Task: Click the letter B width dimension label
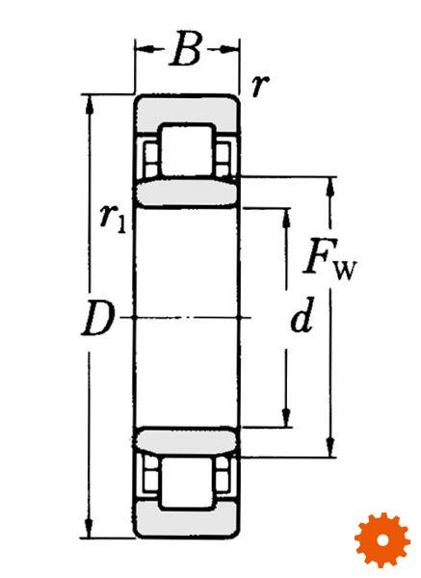pyautogui.click(x=187, y=49)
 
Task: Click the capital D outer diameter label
pyautogui.click(x=97, y=318)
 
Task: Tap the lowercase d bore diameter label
pyautogui.click(x=303, y=315)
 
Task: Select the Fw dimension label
pyautogui.click(x=329, y=258)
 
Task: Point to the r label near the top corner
pyautogui.click(x=260, y=86)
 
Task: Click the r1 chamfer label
pyautogui.click(x=113, y=220)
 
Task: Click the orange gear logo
pyautogui.click(x=382, y=540)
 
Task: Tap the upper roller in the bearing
pyautogui.click(x=187, y=150)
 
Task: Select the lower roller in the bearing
pyautogui.click(x=187, y=484)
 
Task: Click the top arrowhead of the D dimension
pyautogui.click(x=89, y=105)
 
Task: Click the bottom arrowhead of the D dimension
pyautogui.click(x=89, y=528)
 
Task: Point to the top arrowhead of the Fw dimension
pyautogui.click(x=331, y=187)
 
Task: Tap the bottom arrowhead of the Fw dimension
pyautogui.click(x=331, y=447)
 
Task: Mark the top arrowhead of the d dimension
pyautogui.click(x=286, y=219)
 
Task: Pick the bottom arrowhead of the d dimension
pyautogui.click(x=286, y=417)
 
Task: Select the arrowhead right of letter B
pyautogui.click(x=229, y=49)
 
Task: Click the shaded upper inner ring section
pyautogui.click(x=187, y=193)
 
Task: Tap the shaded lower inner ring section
pyautogui.click(x=187, y=440)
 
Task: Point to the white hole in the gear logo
pyautogui.click(x=383, y=540)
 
